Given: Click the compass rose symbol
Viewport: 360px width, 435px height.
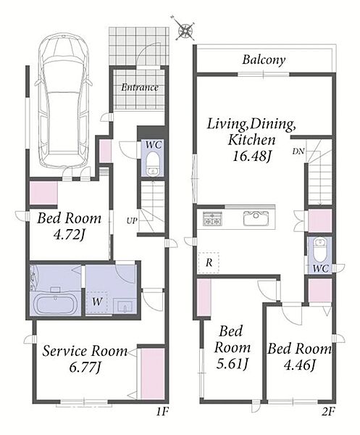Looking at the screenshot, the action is (x=185, y=29).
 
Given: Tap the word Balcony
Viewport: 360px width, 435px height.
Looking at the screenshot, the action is (x=264, y=59).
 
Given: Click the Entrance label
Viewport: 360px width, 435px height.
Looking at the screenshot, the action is (x=140, y=88).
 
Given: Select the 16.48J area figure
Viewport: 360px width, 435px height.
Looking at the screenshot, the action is (x=251, y=156).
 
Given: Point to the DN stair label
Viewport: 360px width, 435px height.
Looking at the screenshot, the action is (x=298, y=152).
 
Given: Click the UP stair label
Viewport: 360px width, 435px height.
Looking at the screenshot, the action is (x=132, y=221).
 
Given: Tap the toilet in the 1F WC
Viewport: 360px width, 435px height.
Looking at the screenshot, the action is (x=153, y=164).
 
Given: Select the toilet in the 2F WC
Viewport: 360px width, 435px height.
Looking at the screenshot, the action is (x=321, y=250).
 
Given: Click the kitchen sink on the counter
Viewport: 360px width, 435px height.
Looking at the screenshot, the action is (x=256, y=219).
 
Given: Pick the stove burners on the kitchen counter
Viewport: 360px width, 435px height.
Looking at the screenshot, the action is (x=213, y=218).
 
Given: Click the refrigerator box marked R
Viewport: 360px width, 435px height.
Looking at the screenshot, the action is (x=209, y=262).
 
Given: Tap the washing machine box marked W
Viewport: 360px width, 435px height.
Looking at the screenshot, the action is (x=96, y=302).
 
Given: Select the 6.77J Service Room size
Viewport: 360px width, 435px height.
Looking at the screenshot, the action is (x=85, y=368).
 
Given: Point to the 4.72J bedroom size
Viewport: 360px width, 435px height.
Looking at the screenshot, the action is (x=70, y=235).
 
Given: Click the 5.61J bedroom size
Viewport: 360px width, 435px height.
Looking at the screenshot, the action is (x=232, y=364).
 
